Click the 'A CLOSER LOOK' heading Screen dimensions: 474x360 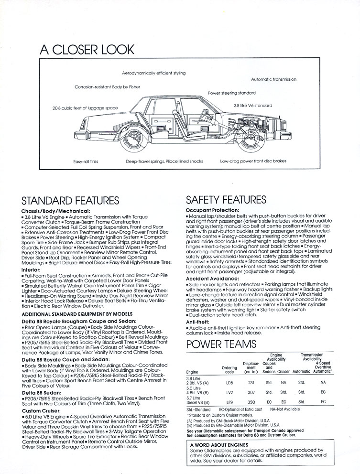pyautogui.click(x=87, y=49)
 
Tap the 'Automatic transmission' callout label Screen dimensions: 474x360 pyautogui.click(x=273, y=79)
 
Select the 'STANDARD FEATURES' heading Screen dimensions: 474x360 pyautogui.click(x=70, y=201)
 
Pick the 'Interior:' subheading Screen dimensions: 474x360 pyautogui.click(x=31, y=257)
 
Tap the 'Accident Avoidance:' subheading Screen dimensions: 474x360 pyautogui.click(x=212, y=279)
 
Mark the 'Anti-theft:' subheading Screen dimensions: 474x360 pyautogui.click(x=199, y=322)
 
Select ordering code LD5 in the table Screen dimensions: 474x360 pyautogui.click(x=229, y=383)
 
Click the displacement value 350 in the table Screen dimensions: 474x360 pyautogui.click(x=251, y=402)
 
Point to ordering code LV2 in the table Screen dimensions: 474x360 pyautogui.click(x=229, y=392)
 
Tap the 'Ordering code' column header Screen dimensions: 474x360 pyautogui.click(x=229, y=370)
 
